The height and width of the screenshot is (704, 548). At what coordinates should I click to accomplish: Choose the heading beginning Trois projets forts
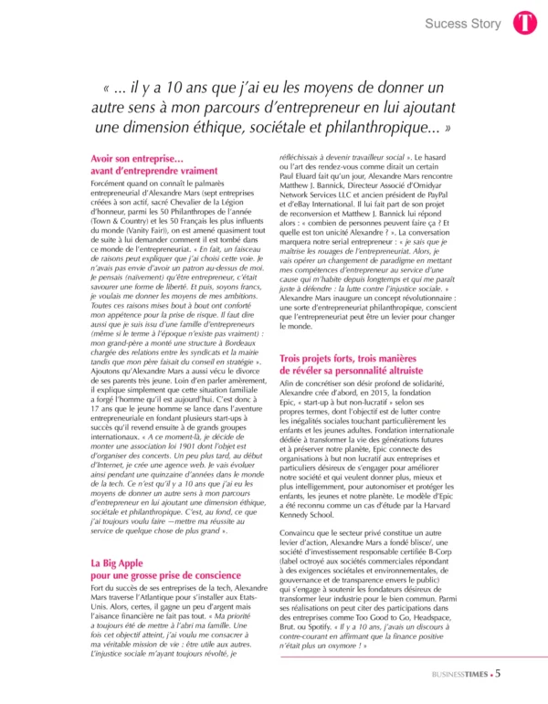click(x=349, y=362)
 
